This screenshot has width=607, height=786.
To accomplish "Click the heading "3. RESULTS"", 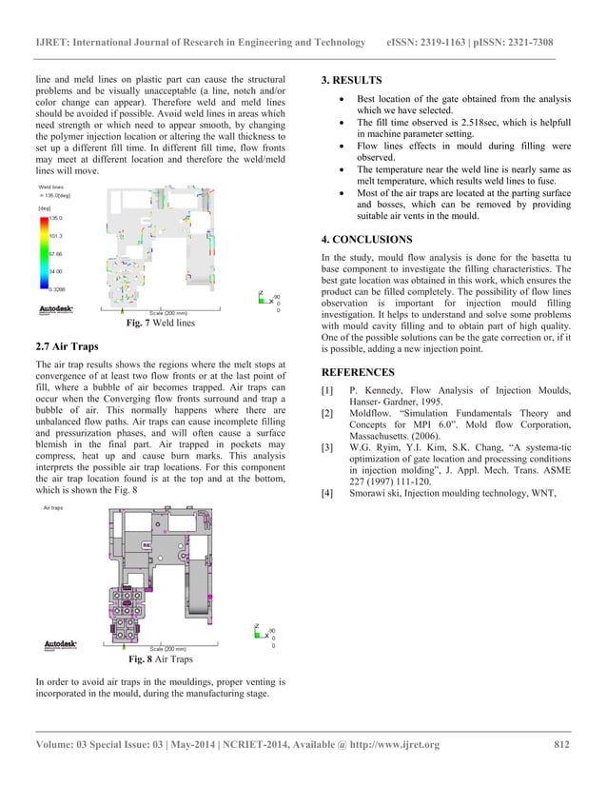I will (x=352, y=80).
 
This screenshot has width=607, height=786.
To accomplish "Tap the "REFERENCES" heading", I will (x=357, y=372).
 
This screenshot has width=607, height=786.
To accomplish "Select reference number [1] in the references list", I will (x=328, y=391).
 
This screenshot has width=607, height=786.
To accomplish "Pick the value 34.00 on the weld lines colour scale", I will (x=55, y=271).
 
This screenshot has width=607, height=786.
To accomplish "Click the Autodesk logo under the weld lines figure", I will (x=56, y=308).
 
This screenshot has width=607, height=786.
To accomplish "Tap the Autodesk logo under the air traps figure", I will (x=60, y=644).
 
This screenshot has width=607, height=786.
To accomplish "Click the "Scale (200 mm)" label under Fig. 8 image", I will (x=168, y=648).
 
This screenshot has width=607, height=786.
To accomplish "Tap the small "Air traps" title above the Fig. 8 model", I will (x=53, y=510).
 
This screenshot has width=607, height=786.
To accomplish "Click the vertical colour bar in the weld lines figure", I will (x=42, y=253).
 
